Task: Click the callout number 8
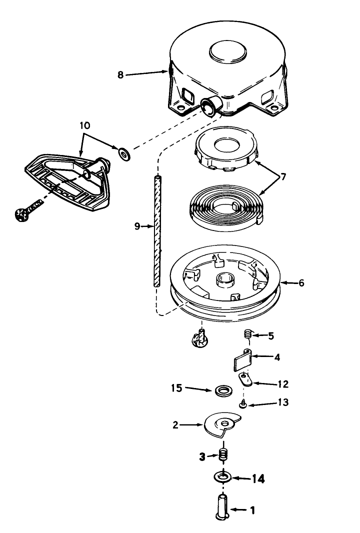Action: [120, 75]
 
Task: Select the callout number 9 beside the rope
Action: [136, 226]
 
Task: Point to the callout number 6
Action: [301, 282]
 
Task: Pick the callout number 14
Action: [258, 478]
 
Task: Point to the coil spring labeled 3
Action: [224, 455]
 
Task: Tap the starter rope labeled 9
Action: [156, 230]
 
